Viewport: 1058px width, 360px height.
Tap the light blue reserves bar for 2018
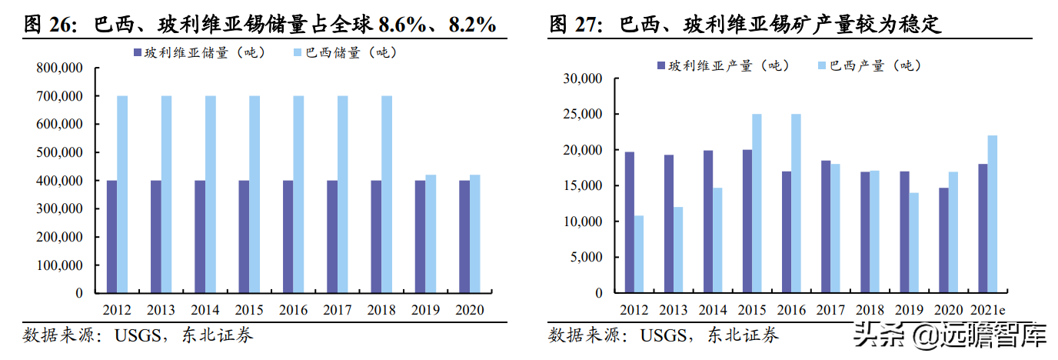[387, 195]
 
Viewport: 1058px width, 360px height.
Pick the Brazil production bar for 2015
[757, 204]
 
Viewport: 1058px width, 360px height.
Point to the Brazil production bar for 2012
[639, 255]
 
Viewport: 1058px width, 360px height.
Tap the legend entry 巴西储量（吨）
[345, 53]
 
